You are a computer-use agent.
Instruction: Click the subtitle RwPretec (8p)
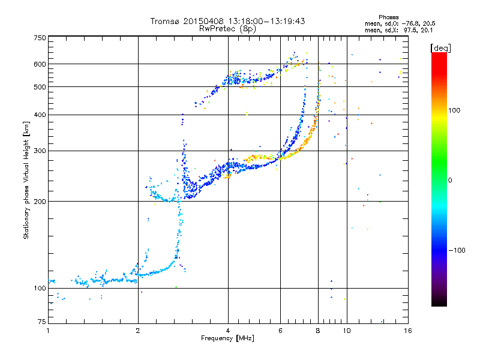click(x=227, y=29)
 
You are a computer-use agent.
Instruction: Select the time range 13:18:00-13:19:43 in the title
click(x=266, y=21)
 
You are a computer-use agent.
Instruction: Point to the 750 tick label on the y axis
click(x=40, y=38)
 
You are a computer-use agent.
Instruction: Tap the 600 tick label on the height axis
click(x=40, y=64)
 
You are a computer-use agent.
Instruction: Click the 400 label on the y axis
click(x=40, y=115)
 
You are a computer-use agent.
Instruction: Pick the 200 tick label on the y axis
click(x=40, y=202)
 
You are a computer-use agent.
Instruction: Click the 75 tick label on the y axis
click(x=42, y=322)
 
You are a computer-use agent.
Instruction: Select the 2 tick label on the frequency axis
click(x=138, y=331)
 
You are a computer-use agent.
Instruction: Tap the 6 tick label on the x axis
click(x=280, y=331)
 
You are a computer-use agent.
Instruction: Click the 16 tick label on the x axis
click(x=408, y=331)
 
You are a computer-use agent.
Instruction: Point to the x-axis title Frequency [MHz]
click(x=227, y=338)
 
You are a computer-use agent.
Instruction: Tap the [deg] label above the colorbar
click(x=440, y=48)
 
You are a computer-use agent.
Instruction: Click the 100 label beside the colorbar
click(x=454, y=110)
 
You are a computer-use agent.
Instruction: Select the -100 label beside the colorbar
click(x=457, y=250)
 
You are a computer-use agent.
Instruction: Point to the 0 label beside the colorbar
click(x=450, y=181)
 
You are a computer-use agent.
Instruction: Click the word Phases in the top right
click(x=388, y=17)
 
